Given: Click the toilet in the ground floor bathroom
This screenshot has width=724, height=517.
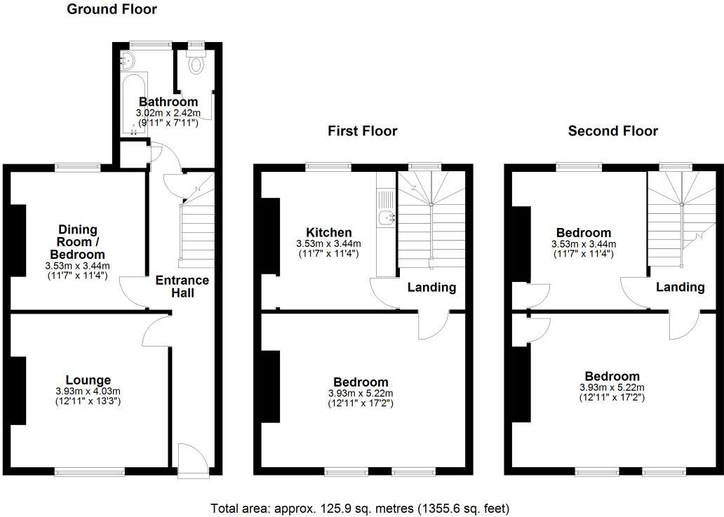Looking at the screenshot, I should pos(196,65).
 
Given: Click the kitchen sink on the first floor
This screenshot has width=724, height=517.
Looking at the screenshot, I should pos(386,218).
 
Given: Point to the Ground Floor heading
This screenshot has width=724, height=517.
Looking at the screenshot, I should pos(112,9).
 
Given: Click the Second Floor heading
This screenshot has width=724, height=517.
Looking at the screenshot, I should pos(612,131).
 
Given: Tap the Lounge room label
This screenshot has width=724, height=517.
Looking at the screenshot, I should pos(88,380).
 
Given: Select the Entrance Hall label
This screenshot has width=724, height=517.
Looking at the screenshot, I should pos(182,286).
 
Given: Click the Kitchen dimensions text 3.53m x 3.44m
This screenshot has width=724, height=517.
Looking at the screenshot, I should pos(328,243).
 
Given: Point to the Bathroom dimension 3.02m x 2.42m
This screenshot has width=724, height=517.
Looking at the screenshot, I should pos(168,113).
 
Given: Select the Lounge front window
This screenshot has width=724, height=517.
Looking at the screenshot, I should pos(90,473).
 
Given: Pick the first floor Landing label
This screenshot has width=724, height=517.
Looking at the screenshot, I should pos(431,288).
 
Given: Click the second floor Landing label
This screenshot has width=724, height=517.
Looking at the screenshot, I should pos(681,288).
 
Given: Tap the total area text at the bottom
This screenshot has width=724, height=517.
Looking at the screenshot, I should pos(361,507).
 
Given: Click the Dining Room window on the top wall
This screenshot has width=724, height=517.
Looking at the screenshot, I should pos(77,167).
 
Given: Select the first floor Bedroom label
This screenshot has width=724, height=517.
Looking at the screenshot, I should pos(361,382).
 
